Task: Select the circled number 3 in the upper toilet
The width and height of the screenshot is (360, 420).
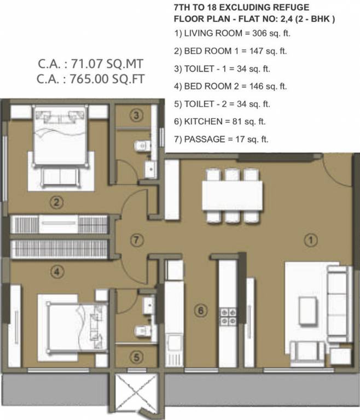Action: tap(137, 115)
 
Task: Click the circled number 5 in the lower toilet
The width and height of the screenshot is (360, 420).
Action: tap(137, 357)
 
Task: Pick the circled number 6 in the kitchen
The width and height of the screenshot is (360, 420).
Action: tap(201, 311)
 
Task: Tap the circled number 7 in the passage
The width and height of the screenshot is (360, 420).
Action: tap(137, 240)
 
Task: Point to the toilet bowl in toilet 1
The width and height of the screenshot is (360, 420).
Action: tap(141, 145)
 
